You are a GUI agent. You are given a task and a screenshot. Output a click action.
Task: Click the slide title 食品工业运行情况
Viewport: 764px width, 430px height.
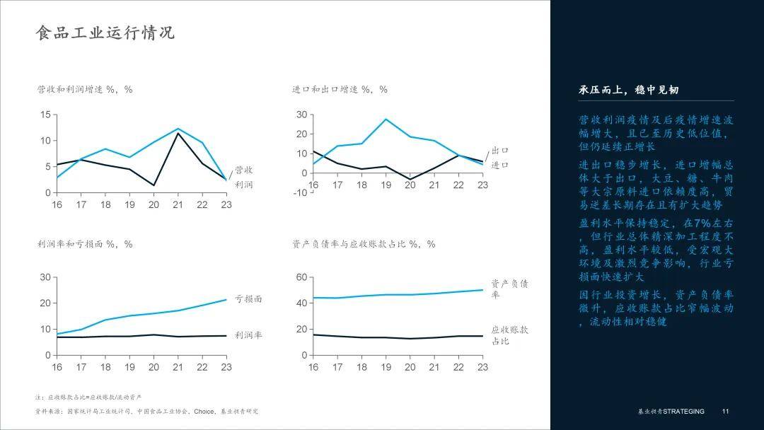105,33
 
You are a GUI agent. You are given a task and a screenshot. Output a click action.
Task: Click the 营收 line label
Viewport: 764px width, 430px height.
244,170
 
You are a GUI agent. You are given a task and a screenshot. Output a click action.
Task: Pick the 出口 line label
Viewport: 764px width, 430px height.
500,151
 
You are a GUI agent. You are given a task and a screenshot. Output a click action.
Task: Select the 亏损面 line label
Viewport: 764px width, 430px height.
248,299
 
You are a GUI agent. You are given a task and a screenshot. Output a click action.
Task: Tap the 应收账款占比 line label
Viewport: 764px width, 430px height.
509,335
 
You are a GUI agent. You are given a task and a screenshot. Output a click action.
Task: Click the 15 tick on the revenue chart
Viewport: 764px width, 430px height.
45,115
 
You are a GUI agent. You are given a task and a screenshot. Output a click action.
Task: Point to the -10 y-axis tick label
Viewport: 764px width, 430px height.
301,192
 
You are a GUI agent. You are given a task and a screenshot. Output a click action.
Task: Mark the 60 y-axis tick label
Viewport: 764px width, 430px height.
302,277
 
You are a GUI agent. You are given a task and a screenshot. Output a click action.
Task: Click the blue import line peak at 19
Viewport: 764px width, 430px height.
386,119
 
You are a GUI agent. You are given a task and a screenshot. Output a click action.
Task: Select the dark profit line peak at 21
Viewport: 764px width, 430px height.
178,133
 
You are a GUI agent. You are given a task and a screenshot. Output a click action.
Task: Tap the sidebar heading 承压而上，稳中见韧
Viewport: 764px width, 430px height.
629,90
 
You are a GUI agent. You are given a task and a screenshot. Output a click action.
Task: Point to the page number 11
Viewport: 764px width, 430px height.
725,412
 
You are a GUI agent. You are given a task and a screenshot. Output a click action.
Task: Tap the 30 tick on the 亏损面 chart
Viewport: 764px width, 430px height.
45,277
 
